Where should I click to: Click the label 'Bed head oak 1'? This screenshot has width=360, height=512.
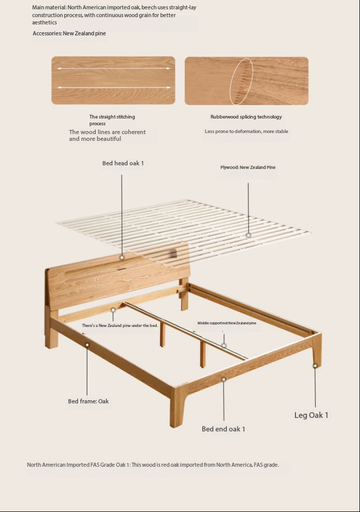click(123, 163)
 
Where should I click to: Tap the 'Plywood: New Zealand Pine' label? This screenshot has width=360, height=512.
click(248, 167)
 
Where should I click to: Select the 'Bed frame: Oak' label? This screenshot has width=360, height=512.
click(88, 401)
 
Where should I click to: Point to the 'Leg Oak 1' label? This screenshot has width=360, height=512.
click(311, 415)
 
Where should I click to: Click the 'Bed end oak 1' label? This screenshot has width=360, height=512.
click(224, 429)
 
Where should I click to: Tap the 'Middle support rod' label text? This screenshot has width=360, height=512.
click(227, 323)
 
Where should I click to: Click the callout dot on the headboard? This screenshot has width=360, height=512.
click(122, 257)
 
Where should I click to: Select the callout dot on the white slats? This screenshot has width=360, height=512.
click(248, 235)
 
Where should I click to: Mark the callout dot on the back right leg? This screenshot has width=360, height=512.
click(315, 366)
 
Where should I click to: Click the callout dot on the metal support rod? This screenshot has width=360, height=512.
click(224, 346)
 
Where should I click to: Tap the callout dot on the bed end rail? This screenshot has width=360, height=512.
click(224, 379)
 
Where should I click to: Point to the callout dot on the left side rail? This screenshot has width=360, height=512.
click(87, 345)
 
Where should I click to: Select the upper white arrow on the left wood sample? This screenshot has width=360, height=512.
click(114, 69)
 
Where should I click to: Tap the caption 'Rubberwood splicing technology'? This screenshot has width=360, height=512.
click(246, 117)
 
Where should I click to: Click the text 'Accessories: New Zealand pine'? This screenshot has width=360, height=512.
click(69, 33)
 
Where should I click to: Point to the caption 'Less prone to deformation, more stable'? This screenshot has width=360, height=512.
click(246, 132)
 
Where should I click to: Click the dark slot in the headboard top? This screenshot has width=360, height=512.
click(122, 269)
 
